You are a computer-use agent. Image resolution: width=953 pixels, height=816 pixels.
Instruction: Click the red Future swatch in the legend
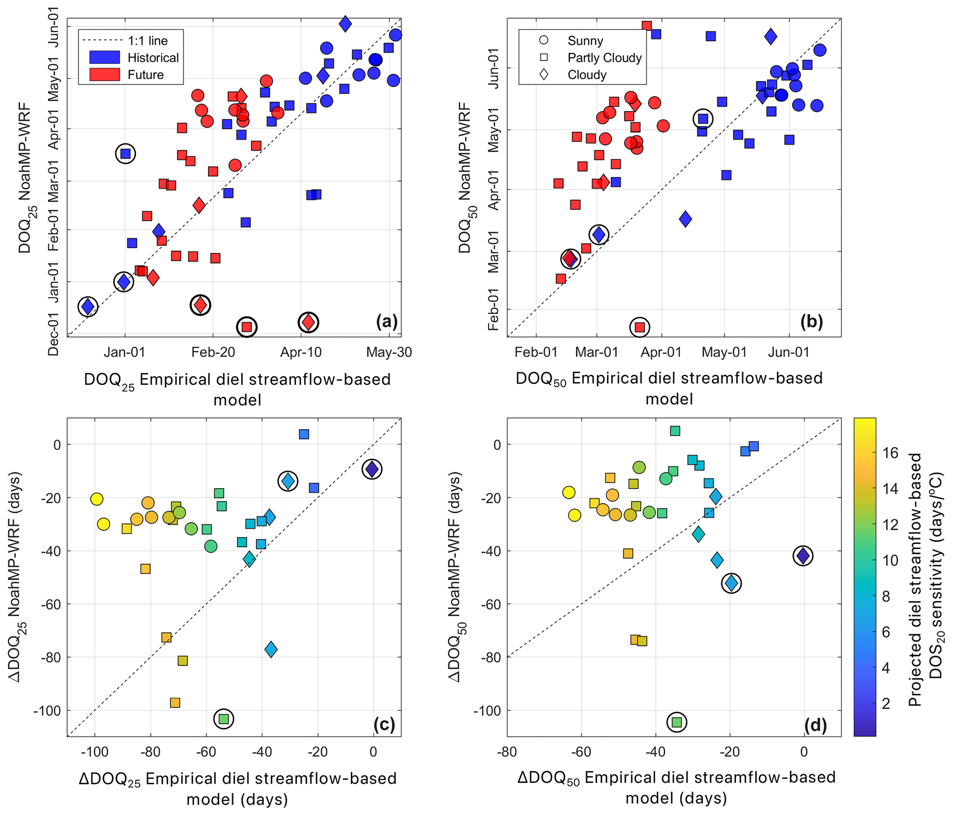pos(105,75)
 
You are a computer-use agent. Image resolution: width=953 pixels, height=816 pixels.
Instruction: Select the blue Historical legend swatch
pos(105,57)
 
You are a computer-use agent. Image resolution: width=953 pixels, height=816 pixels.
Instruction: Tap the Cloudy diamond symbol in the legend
pos(544,74)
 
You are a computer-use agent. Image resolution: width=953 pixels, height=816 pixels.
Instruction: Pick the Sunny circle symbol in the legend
pos(544,40)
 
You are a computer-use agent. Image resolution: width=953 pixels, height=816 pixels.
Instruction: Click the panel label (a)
pos(386,321)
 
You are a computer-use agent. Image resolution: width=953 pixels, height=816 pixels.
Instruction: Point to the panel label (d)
pos(815,725)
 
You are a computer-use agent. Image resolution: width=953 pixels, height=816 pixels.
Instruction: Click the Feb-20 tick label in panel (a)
pos(213,352)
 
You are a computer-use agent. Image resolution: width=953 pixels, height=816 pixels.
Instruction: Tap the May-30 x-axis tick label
pos(389,352)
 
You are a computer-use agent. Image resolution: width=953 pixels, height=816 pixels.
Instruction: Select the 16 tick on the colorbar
pos(890,453)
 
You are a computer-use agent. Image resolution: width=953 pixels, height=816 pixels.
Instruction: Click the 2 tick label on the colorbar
pos(886,704)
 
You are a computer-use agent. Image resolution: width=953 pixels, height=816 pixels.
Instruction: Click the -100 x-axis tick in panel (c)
pos(94,752)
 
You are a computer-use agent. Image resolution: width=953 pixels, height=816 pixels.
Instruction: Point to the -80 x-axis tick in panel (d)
pos(507,752)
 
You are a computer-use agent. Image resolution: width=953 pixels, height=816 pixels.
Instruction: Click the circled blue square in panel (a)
pos(125,154)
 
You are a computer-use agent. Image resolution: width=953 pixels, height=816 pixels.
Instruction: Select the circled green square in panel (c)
pos(224,718)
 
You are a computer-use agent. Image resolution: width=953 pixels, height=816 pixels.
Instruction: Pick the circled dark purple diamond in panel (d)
pos(803,556)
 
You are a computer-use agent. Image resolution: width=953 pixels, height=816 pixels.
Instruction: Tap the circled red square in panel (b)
pos(639,327)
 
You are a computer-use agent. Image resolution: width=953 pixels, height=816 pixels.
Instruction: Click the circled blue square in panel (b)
pos(703,119)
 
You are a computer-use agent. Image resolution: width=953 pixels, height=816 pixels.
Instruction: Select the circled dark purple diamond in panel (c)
pos(372,469)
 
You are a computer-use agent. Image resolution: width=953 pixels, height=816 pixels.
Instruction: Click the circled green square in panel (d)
pos(676,722)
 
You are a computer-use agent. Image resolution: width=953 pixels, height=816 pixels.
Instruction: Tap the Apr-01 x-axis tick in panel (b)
pos(661,352)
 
